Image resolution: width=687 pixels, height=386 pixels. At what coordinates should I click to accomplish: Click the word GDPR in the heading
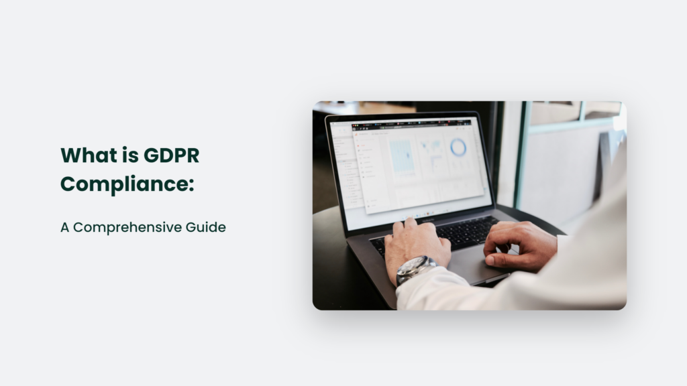tap(172, 155)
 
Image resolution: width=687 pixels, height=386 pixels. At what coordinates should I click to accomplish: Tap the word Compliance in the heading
tap(123, 183)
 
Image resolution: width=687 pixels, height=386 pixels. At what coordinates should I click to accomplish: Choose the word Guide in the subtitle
tap(207, 227)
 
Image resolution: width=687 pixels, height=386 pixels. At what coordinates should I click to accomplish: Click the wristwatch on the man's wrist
tap(414, 268)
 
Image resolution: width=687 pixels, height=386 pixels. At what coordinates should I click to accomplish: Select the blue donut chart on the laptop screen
tap(458, 147)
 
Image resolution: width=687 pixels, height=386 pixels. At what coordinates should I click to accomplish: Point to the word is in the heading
tap(128, 155)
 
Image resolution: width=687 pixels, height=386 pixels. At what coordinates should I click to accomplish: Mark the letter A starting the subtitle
tap(65, 227)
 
